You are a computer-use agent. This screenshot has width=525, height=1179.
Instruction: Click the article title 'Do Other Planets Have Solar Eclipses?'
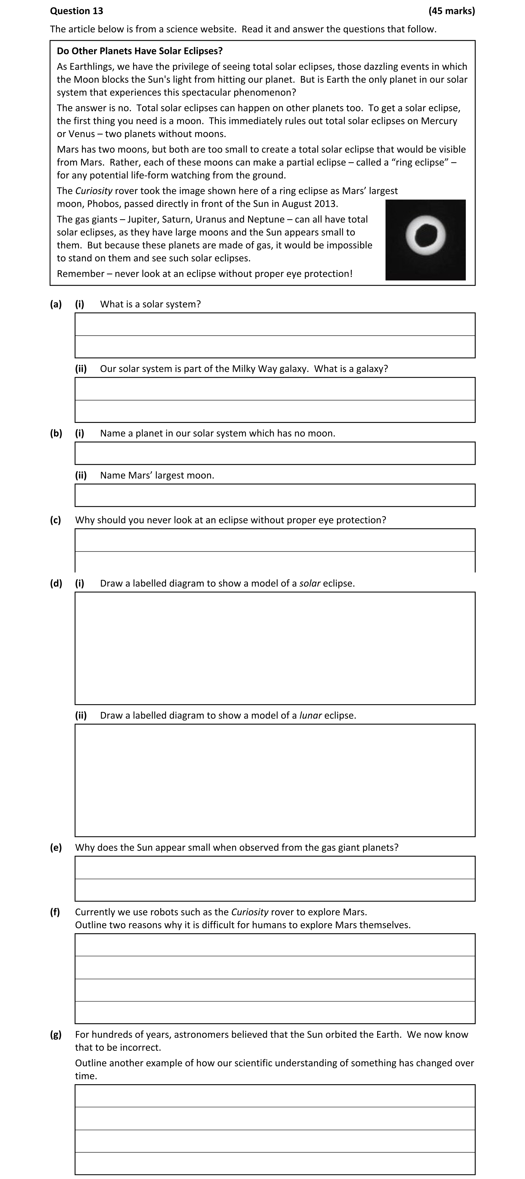[x=139, y=51]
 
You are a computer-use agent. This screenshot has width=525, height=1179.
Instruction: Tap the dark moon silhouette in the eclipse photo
[x=425, y=235]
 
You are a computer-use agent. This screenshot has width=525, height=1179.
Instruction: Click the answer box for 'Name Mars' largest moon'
[x=275, y=495]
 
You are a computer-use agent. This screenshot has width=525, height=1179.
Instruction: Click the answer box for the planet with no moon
[x=275, y=453]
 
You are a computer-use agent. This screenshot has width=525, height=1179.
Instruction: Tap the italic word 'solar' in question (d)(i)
[x=309, y=583]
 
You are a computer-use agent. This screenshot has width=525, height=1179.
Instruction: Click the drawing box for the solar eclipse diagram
[x=275, y=648]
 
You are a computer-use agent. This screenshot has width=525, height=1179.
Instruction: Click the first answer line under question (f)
[x=275, y=945]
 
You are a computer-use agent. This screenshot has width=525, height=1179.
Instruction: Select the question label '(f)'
[x=55, y=912]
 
